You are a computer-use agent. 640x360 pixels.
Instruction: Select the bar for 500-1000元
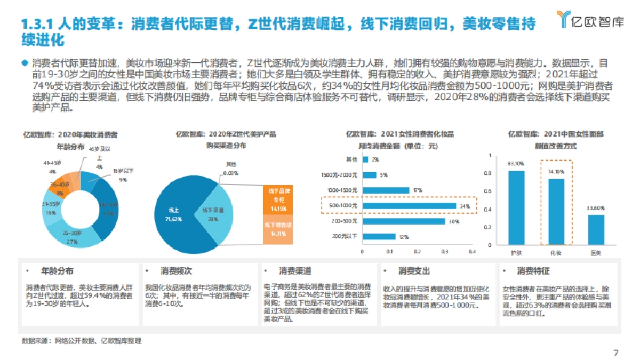(409, 206)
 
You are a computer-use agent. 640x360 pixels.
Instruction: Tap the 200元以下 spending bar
(379, 237)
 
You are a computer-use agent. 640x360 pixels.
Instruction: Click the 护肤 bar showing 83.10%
(516, 208)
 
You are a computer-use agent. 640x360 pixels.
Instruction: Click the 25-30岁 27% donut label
(72, 237)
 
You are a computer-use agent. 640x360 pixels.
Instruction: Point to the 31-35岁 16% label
(51, 209)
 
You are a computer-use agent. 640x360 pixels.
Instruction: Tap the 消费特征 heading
(533, 271)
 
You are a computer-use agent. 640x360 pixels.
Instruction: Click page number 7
(615, 353)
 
